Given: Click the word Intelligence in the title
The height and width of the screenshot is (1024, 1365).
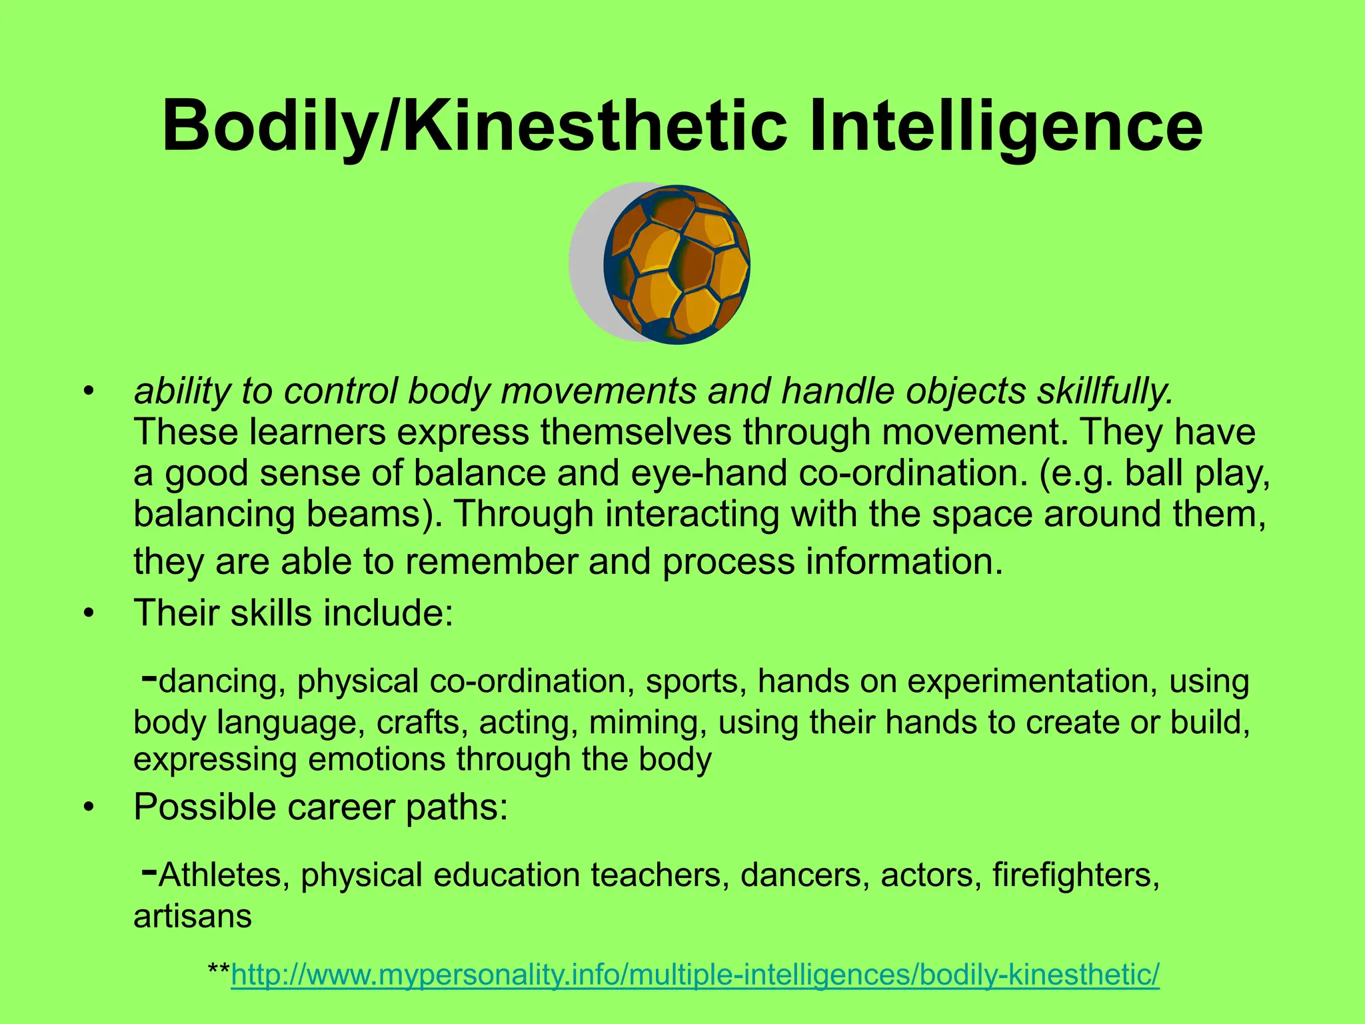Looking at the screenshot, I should pyautogui.click(x=1006, y=127).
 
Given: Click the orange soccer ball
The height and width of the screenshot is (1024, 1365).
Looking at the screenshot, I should pyautogui.click(x=677, y=265).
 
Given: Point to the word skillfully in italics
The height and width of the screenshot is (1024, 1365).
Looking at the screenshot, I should pyautogui.click(x=1104, y=391).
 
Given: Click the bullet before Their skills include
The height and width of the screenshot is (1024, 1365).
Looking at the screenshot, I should pyautogui.click(x=87, y=613).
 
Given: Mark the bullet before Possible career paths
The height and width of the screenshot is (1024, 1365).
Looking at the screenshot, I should pyautogui.click(x=87, y=808).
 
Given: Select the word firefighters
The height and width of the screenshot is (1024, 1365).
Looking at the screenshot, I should pyautogui.click(x=1076, y=875).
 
